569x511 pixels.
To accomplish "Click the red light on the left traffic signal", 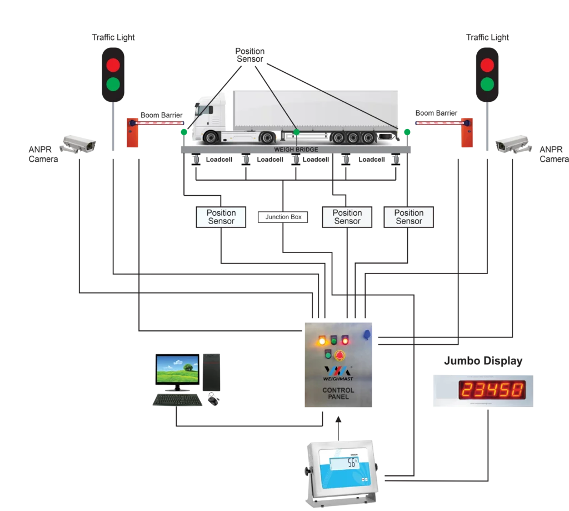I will point(113,65).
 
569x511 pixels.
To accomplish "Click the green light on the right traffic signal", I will point(487,84).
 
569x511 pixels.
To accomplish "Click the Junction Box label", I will point(283,217).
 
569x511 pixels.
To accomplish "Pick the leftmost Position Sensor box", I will point(221,217).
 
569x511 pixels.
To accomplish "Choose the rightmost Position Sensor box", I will point(408,217).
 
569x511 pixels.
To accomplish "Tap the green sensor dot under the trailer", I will point(296,132).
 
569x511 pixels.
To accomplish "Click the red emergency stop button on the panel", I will point(341,354).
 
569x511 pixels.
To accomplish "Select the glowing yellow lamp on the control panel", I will point(322,340).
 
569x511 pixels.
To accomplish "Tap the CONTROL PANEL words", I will point(338,394).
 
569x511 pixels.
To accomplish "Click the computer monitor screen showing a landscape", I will point(178,369).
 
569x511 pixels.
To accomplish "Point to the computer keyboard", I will point(177,400).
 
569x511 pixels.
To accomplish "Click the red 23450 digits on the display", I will point(492,390).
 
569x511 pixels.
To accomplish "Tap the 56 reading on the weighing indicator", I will point(351,463).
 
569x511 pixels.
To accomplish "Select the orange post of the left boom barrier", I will point(132,134).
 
